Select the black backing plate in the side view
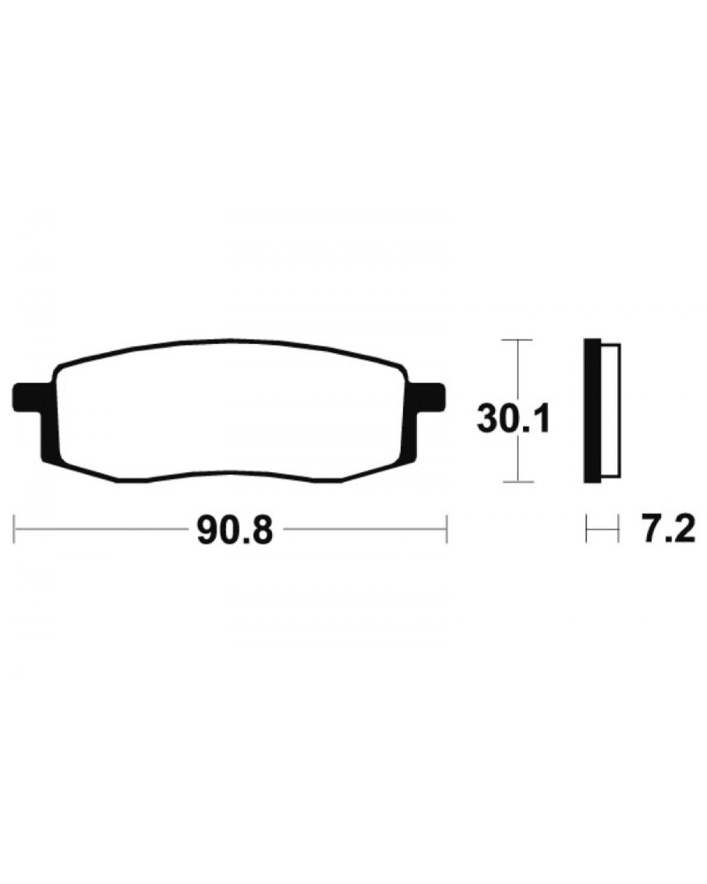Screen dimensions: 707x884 click(x=592, y=415)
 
